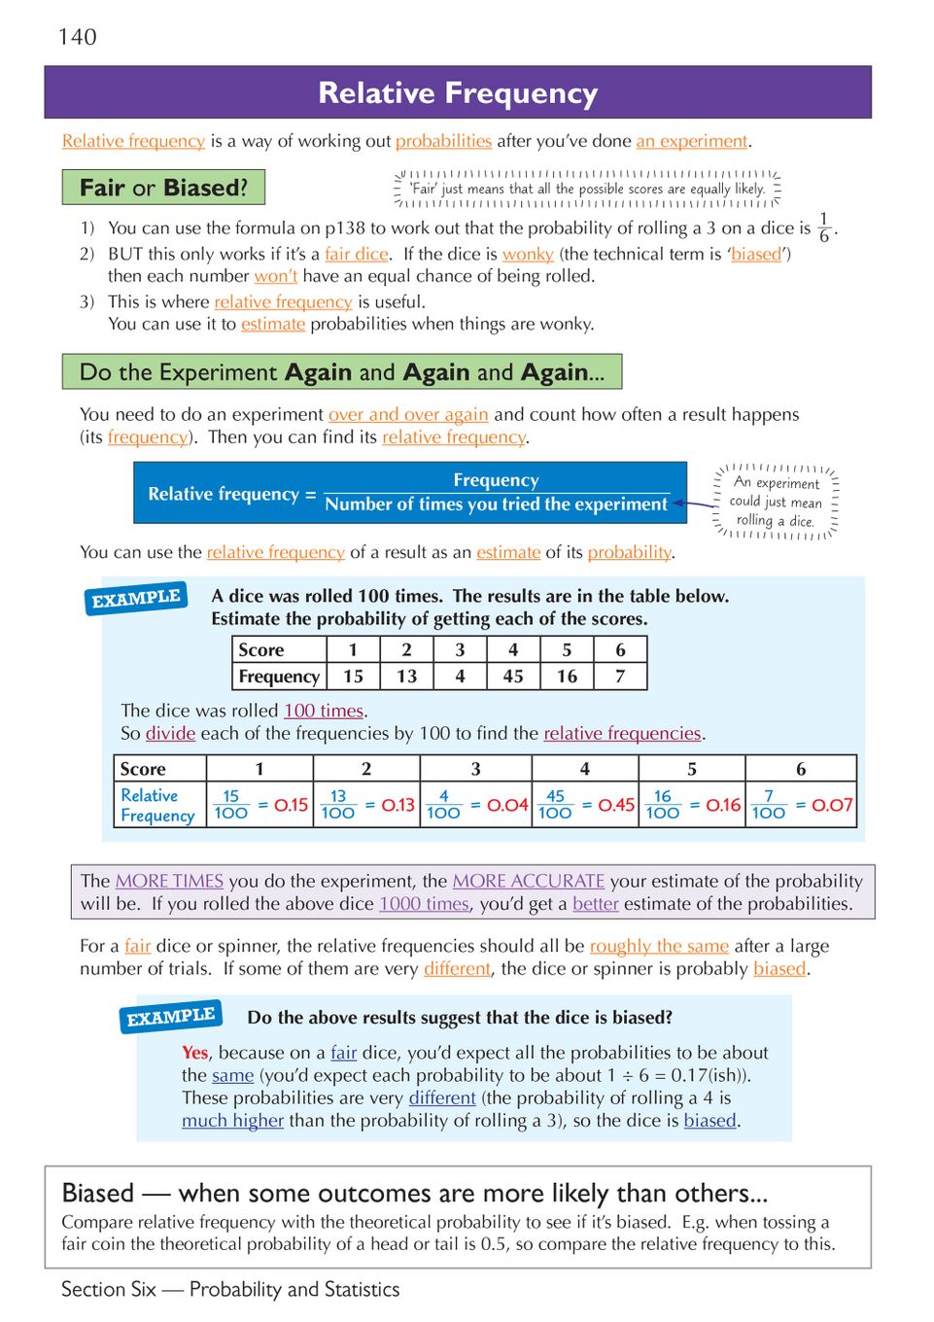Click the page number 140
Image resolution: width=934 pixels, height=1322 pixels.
pos(78,37)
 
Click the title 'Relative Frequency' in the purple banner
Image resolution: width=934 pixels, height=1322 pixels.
pos(458,93)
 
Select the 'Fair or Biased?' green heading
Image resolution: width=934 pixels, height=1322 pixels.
pos(163,188)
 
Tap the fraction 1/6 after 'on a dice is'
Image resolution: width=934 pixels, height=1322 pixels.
pos(824,227)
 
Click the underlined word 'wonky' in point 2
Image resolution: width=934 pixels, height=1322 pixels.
pos(528,254)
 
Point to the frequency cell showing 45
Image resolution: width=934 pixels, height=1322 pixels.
pos(513,676)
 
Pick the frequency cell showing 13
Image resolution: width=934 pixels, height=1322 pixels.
pos(406,676)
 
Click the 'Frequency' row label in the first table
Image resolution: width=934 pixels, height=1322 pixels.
pos(279,676)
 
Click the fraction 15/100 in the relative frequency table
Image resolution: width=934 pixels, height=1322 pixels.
pos(231,805)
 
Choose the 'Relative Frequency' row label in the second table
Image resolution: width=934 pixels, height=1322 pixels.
pos(157,806)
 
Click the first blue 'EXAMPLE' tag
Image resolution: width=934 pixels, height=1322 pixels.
pos(136,599)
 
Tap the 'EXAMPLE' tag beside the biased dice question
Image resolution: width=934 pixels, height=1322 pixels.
pos(171,1017)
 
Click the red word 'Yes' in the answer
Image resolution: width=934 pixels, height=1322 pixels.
pos(194,1053)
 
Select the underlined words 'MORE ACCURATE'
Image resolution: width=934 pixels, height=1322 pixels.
pos(528,881)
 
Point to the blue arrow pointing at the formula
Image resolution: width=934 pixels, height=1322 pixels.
pos(694,504)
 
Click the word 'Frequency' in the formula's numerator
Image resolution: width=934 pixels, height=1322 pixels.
pos(496,480)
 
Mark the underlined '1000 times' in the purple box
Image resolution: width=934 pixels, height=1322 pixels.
pos(424,904)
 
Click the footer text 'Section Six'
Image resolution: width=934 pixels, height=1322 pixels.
pos(108,1289)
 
